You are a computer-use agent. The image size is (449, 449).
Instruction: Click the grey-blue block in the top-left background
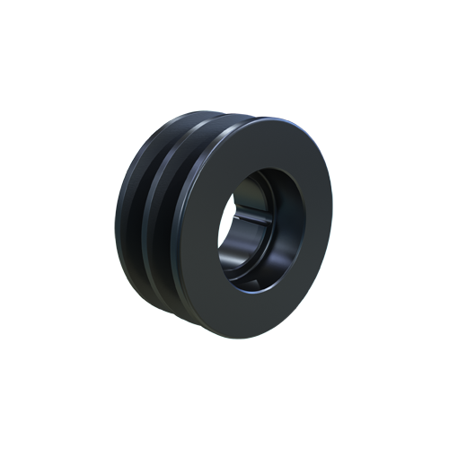[x=130, y=126]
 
